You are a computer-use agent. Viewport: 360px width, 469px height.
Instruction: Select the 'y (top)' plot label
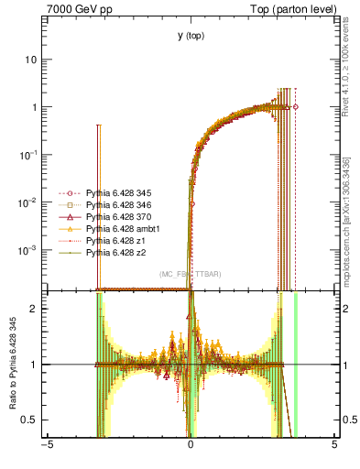[191, 36]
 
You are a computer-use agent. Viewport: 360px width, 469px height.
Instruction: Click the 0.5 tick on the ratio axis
[33, 420]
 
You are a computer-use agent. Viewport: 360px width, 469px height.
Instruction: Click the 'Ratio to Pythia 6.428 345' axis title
[11, 364]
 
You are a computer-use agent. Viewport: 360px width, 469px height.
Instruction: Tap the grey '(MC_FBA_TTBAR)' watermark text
[191, 275]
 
